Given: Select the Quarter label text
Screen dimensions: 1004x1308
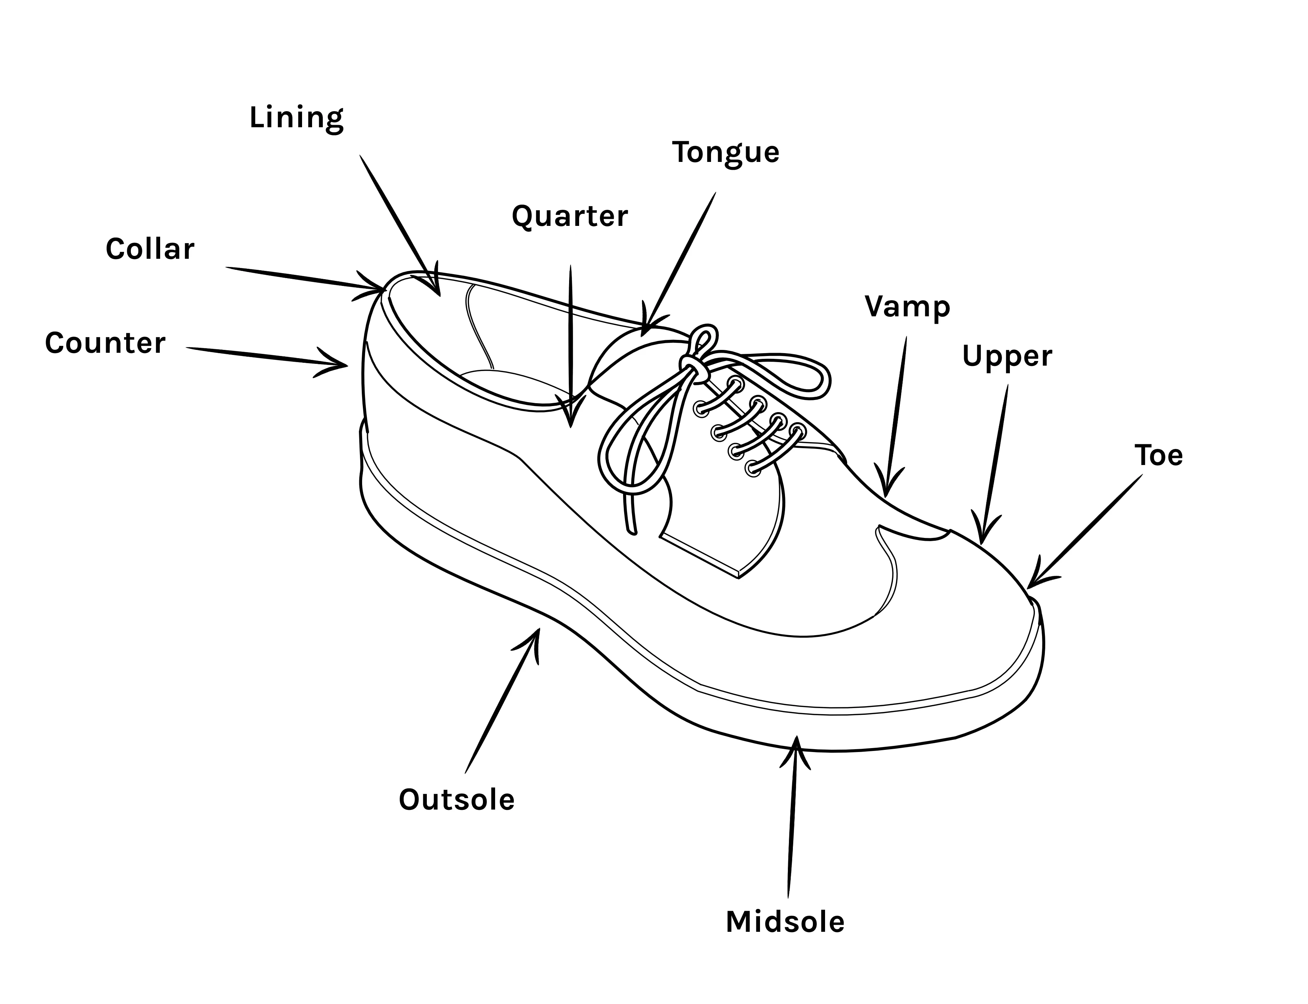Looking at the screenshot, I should pyautogui.click(x=569, y=216).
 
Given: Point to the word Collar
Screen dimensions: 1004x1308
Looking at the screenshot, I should pyautogui.click(x=150, y=249).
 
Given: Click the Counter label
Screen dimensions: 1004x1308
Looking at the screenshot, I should pyautogui.click(x=105, y=343).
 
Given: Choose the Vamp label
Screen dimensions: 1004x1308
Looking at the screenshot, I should pyautogui.click(x=907, y=307).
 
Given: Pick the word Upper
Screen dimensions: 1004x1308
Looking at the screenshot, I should pyautogui.click(x=1007, y=357).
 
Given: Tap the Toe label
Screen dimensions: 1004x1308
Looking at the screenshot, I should pyautogui.click(x=1158, y=455).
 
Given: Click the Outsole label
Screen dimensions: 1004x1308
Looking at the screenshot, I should pyautogui.click(x=456, y=800).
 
